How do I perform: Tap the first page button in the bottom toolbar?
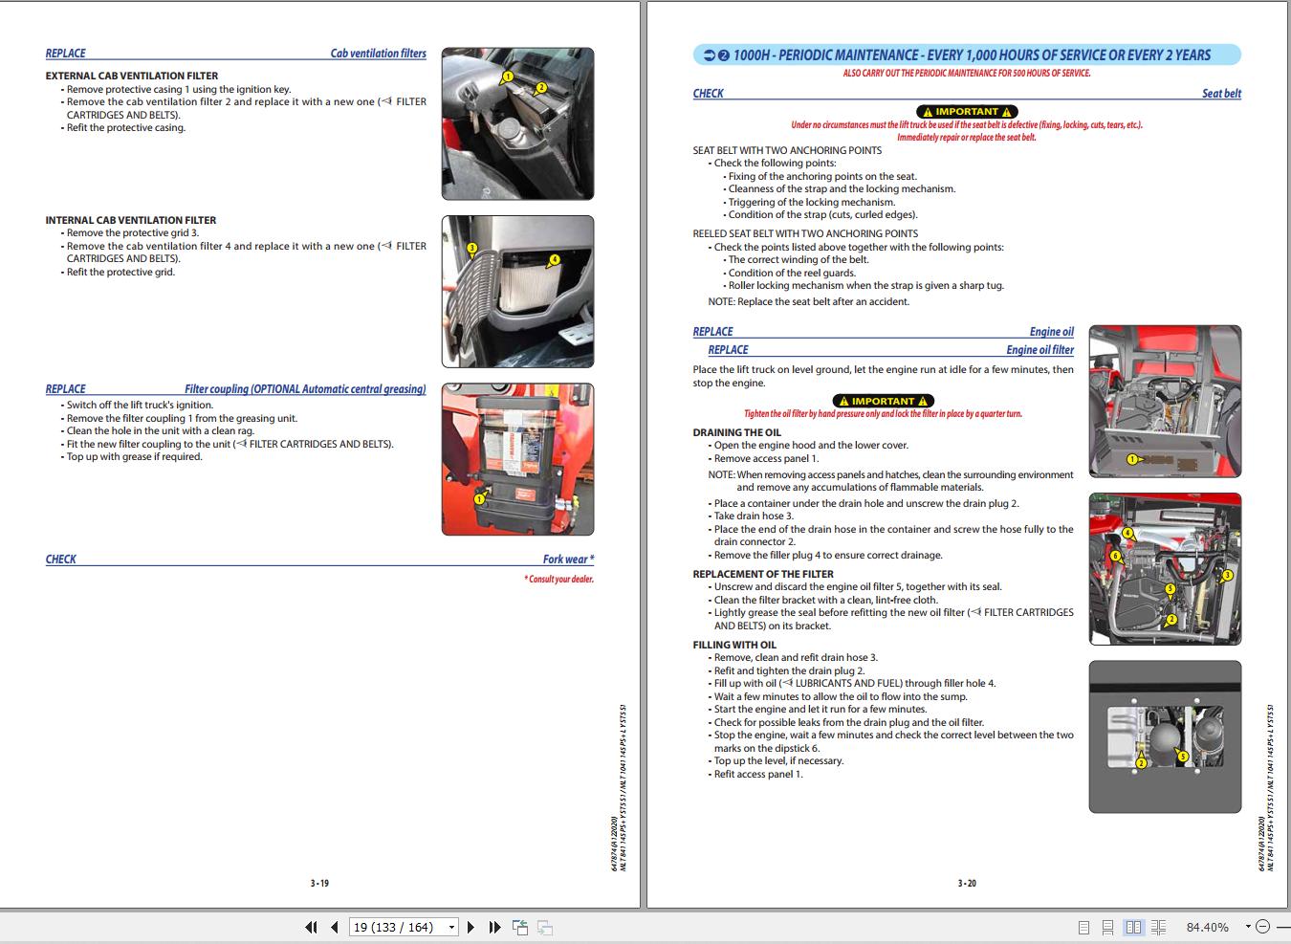click(311, 927)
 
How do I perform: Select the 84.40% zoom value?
click(1207, 927)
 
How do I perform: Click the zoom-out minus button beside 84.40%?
click(1262, 927)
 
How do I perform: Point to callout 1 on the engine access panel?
click(1132, 459)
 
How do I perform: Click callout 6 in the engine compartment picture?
click(1115, 556)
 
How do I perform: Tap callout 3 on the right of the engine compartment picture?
click(1227, 575)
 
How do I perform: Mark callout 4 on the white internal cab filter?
click(554, 259)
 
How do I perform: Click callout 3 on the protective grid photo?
click(471, 248)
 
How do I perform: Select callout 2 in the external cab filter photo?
click(540, 87)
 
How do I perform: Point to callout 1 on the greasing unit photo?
click(480, 497)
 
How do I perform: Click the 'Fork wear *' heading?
click(568, 560)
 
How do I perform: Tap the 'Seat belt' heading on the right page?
click(1221, 94)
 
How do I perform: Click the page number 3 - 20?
click(967, 883)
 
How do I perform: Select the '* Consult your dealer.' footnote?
click(558, 580)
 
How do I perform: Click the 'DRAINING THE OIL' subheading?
click(736, 432)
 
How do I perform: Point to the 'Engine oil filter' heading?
click(1039, 350)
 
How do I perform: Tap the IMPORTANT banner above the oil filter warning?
click(883, 401)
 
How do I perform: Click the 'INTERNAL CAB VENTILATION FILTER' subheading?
click(131, 220)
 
